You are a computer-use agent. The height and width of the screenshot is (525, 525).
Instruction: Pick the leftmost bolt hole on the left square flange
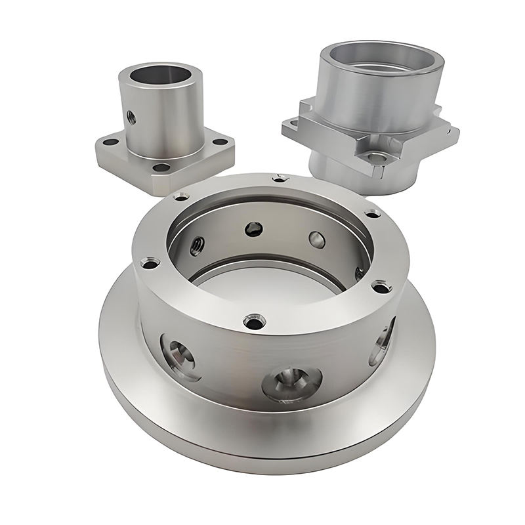click(106, 140)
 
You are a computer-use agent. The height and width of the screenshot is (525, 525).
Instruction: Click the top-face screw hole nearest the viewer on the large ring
click(253, 322)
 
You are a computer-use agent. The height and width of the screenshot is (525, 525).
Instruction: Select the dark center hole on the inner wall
click(253, 228)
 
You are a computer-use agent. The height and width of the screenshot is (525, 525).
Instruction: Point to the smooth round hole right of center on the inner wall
click(316, 240)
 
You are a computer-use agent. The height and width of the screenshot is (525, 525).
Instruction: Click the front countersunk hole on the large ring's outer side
click(289, 380)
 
